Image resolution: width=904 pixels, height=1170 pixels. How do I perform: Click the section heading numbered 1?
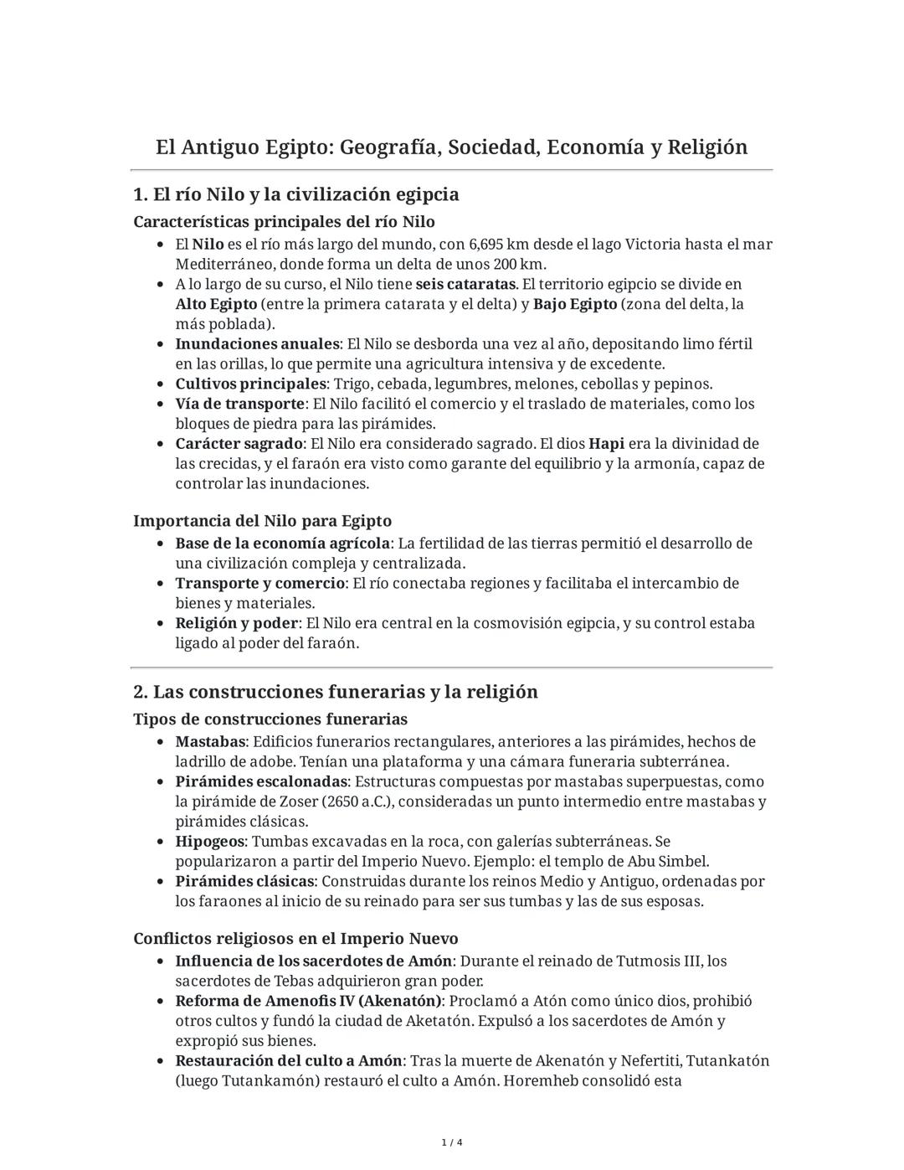click(x=295, y=195)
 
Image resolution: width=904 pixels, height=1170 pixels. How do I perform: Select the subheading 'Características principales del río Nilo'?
click(x=284, y=222)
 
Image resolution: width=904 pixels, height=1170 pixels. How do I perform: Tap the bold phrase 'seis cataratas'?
click(x=465, y=285)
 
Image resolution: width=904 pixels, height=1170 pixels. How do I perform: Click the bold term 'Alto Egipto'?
click(x=216, y=304)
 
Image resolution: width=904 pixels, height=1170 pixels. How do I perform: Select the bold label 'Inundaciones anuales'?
click(x=257, y=344)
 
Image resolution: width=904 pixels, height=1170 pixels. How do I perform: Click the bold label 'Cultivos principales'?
click(x=250, y=384)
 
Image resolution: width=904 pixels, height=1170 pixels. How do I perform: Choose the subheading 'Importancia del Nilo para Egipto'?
click(x=262, y=521)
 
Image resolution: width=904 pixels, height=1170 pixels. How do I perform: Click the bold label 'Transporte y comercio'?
click(x=259, y=584)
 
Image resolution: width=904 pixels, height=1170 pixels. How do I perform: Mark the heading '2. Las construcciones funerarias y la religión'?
click(x=335, y=692)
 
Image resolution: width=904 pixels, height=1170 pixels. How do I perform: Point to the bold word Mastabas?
click(x=210, y=742)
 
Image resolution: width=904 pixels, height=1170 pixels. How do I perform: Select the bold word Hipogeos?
click(x=209, y=842)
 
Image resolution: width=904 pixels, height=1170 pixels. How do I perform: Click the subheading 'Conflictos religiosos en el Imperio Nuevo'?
click(x=295, y=938)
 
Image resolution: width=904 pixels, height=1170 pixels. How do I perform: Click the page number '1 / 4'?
click(x=452, y=1143)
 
